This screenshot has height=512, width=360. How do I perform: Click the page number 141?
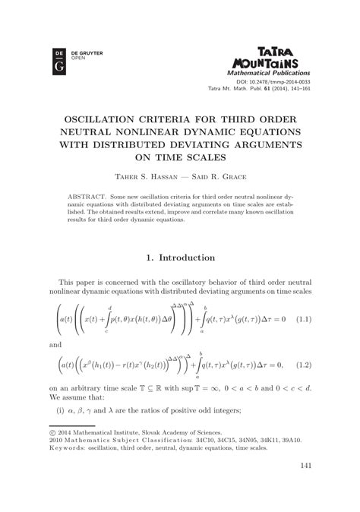[307, 466]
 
